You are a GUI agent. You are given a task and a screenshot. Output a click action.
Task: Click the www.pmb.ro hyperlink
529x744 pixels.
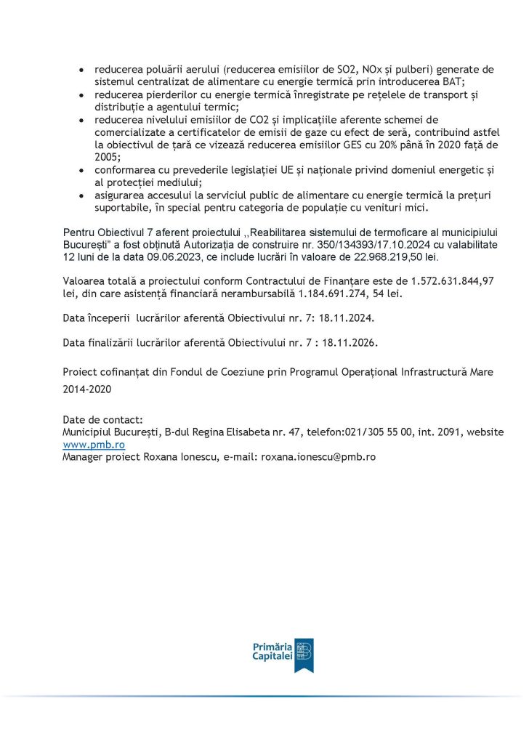click(94, 444)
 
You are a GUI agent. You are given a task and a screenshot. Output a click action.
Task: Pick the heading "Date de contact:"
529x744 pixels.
click(103, 419)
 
